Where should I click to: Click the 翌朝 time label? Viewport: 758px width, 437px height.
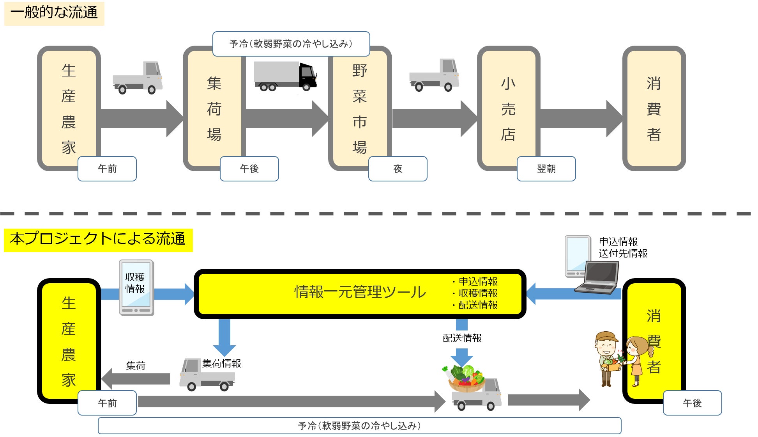point(546,169)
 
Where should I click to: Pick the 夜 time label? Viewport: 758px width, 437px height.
point(398,169)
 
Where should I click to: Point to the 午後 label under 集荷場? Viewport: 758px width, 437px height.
point(249,169)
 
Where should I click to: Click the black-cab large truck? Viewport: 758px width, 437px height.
point(285,76)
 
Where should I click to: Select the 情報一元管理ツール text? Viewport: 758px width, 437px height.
point(360,292)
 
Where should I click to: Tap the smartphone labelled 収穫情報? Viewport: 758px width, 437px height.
point(136,288)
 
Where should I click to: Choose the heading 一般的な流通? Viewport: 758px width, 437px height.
point(54,13)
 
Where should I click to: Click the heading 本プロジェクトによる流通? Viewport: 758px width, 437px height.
point(98,239)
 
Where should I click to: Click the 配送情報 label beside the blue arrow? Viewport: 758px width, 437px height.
point(462,338)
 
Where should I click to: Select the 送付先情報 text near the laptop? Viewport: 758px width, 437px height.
point(623,254)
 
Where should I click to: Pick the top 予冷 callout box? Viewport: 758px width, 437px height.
point(291,44)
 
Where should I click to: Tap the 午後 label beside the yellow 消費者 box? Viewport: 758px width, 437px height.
point(692,403)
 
